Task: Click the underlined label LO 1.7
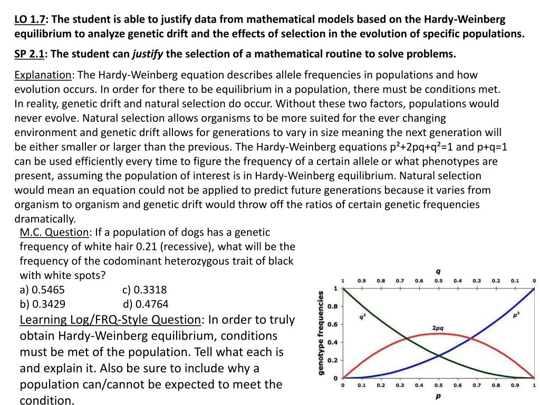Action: click(30, 20)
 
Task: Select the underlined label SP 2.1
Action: click(30, 54)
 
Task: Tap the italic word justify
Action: click(147, 54)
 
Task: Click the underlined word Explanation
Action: click(43, 75)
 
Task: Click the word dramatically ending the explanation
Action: click(45, 218)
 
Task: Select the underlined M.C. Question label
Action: click(54, 232)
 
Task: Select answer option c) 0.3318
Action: click(144, 290)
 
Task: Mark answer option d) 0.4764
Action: click(146, 304)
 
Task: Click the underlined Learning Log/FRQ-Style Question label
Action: click(110, 320)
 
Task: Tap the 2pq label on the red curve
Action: click(438, 328)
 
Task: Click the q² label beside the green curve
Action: click(363, 316)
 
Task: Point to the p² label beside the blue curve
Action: click(516, 315)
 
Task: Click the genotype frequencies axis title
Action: click(321, 334)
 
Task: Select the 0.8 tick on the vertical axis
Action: click(333, 306)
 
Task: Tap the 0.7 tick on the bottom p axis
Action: click(476, 385)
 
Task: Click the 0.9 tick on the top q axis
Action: click(362, 281)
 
